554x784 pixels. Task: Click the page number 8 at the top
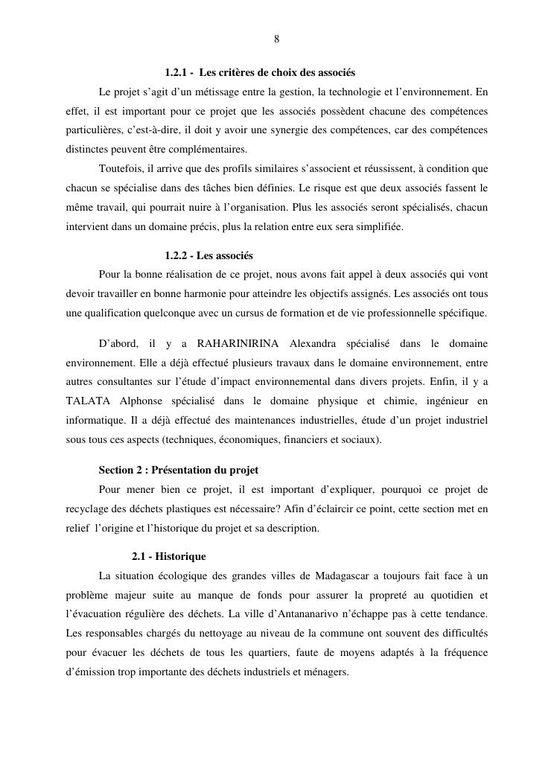coord(276,39)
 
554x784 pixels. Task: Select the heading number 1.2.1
coord(176,73)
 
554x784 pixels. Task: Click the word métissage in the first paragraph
coord(232,92)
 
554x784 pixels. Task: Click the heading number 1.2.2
coord(176,255)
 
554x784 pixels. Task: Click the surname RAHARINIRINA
coord(238,343)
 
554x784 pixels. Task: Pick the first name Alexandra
coord(313,343)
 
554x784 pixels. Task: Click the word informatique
coord(91,421)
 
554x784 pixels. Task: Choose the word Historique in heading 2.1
coord(180,556)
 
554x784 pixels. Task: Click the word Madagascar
coord(344,576)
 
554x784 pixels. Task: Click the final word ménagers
coord(325,672)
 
